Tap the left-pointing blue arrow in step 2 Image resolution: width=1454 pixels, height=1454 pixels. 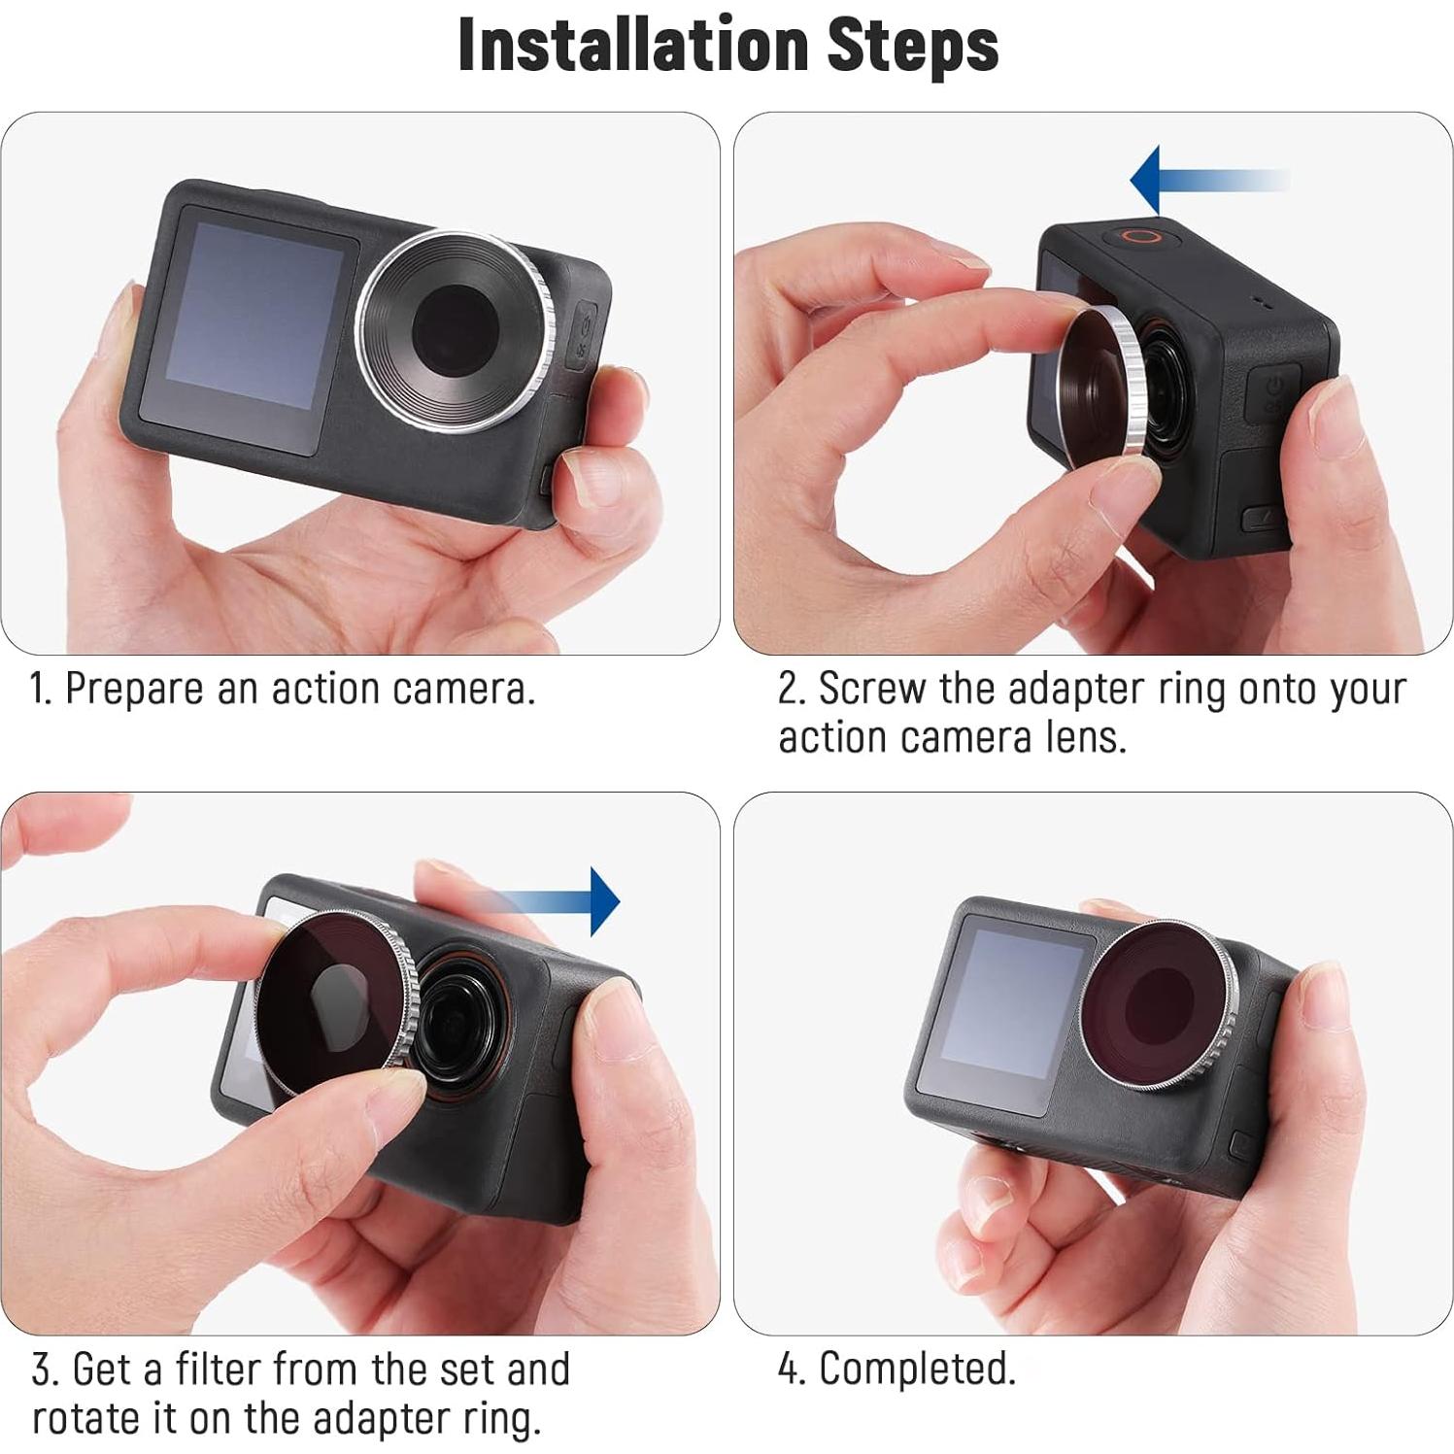click(x=1204, y=181)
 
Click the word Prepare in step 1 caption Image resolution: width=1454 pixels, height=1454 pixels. click(x=135, y=690)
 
